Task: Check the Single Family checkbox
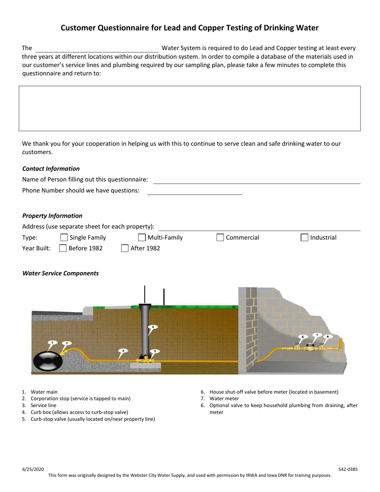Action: (x=64, y=238)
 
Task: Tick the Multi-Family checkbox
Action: (x=142, y=238)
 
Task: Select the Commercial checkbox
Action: (x=220, y=238)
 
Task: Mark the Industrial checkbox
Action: (x=304, y=238)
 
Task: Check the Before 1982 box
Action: (x=63, y=248)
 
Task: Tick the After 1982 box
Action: (x=125, y=248)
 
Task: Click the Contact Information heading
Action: (x=51, y=169)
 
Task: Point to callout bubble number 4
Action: (x=153, y=327)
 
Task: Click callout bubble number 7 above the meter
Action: (x=317, y=335)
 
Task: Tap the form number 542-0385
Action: (x=348, y=469)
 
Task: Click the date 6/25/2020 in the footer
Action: (x=33, y=469)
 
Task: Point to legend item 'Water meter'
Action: (x=224, y=399)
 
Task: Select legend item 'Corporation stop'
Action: (x=80, y=399)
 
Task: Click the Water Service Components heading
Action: (x=60, y=274)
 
